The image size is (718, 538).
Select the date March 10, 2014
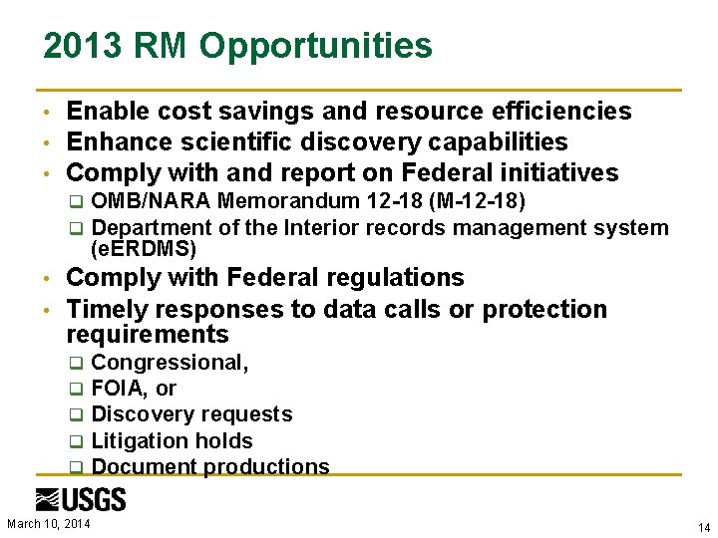click(49, 523)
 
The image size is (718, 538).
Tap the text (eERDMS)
click(143, 249)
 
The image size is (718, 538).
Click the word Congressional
click(169, 363)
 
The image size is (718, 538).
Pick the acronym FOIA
click(118, 389)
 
